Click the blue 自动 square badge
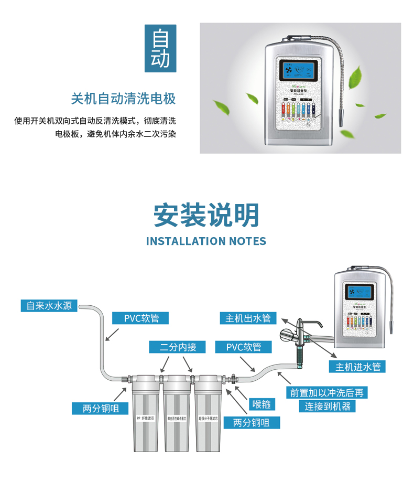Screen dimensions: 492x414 point(160,48)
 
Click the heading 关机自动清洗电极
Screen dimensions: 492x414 point(123,99)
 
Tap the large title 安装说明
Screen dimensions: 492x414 point(206,215)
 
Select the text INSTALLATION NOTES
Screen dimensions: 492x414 point(206,241)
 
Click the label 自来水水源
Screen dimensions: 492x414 point(49,305)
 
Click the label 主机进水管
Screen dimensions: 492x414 point(357,367)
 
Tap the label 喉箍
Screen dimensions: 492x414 point(261,404)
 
